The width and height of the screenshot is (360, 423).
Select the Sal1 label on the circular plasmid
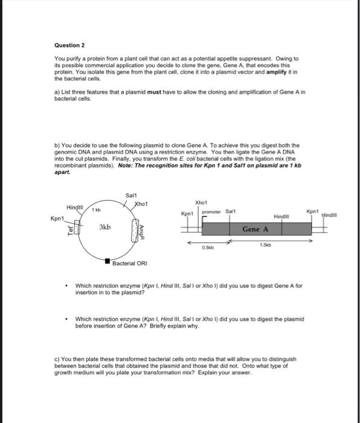coord(131,195)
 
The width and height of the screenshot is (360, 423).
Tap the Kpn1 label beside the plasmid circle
coord(59,218)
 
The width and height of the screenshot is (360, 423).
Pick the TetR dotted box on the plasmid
coord(76,230)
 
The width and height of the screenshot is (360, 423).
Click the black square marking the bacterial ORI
coord(107,262)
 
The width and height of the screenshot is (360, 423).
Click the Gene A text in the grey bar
coord(256,230)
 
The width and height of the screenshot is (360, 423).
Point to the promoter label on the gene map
coord(213,213)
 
